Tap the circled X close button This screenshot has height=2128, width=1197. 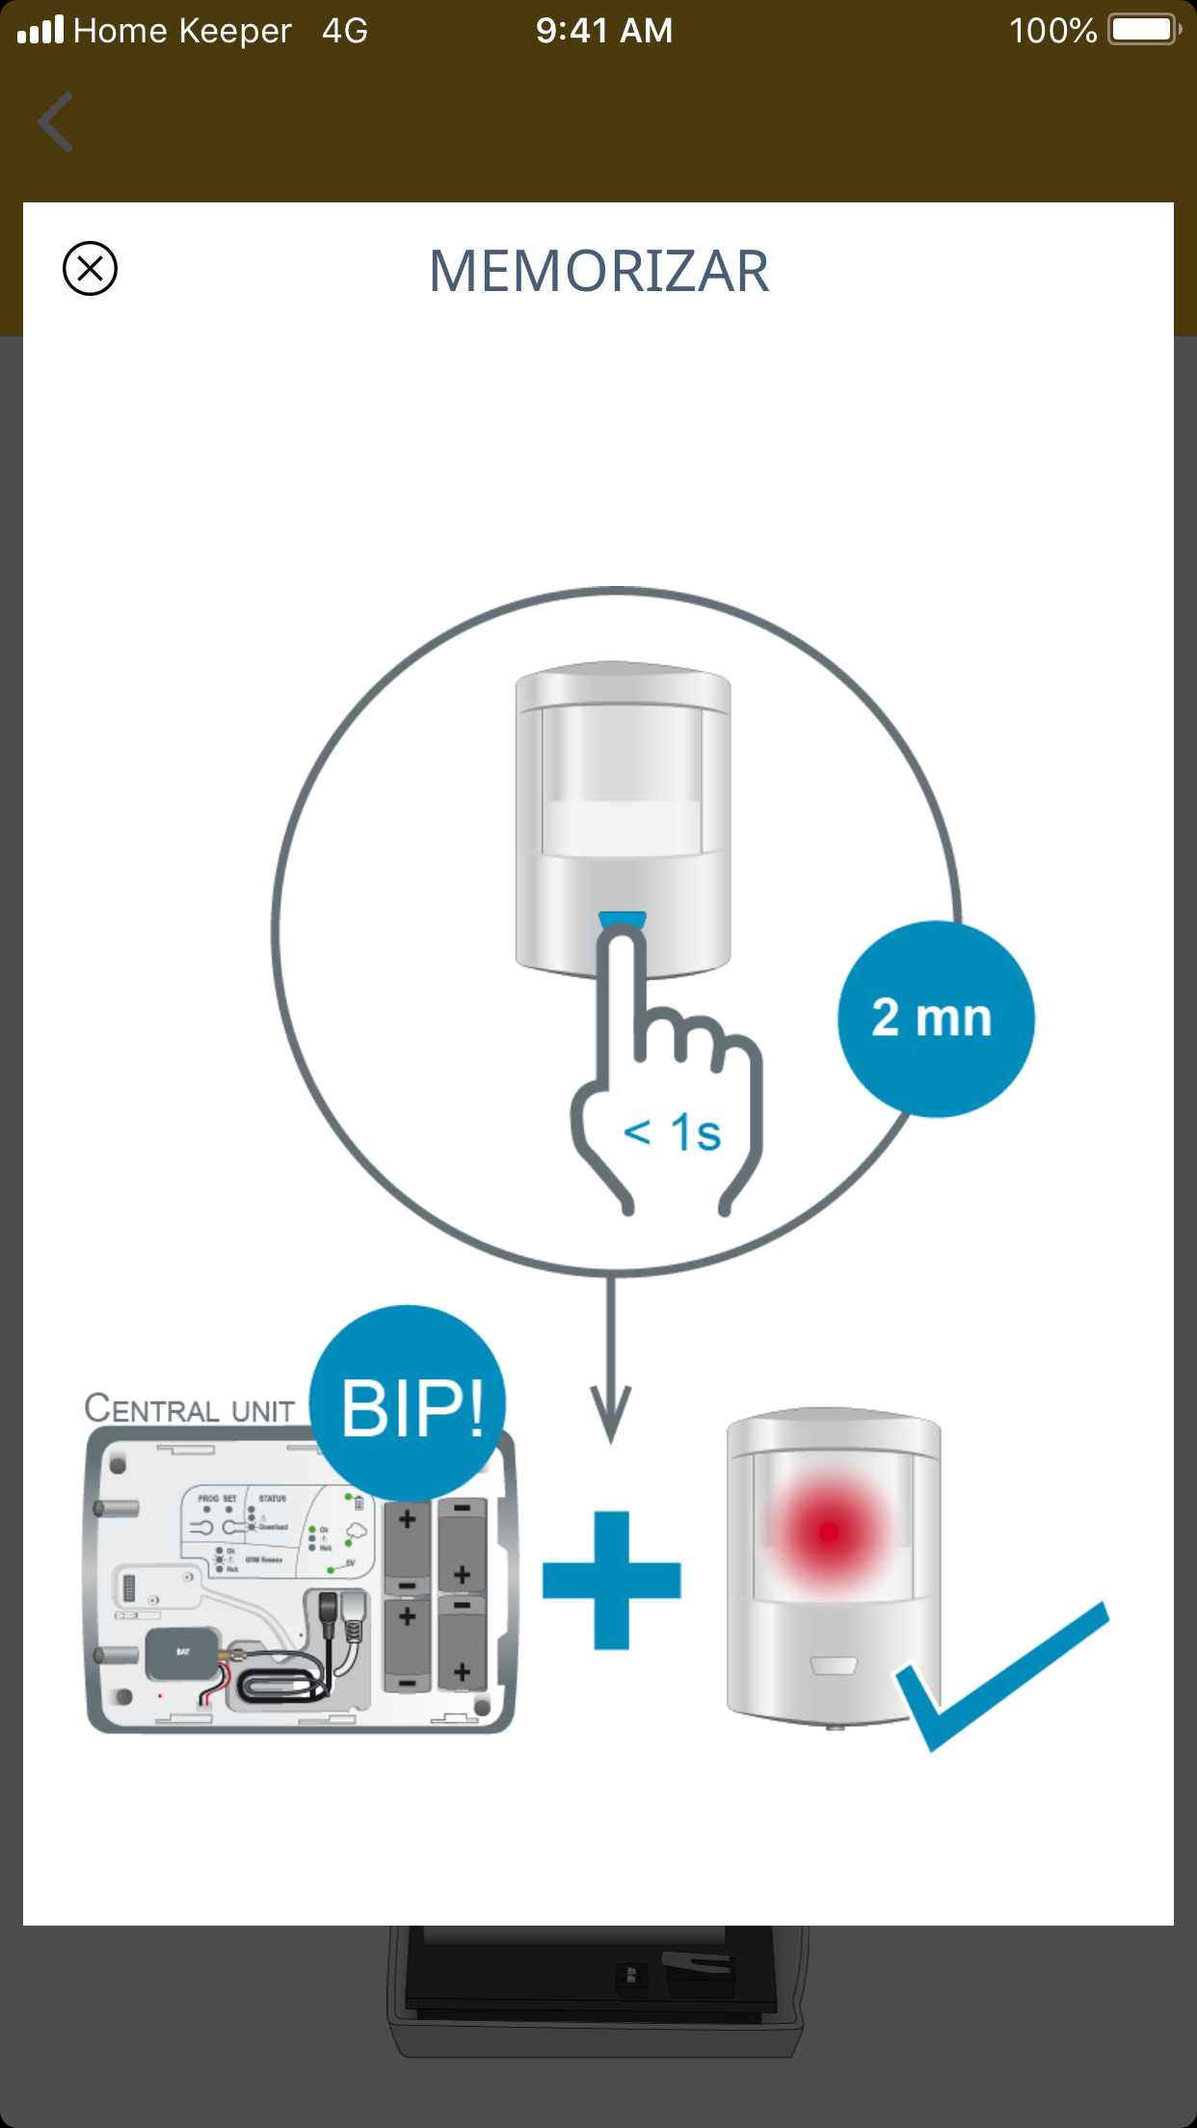(x=90, y=268)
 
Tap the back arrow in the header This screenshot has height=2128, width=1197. (x=55, y=122)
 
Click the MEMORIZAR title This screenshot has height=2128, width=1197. (x=598, y=271)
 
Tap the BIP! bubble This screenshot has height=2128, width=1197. (x=410, y=1406)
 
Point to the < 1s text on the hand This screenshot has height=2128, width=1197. (x=672, y=1132)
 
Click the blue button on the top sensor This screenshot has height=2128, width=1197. (x=623, y=919)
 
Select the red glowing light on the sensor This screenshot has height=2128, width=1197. (x=829, y=1530)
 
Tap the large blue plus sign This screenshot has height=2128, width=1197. (x=612, y=1580)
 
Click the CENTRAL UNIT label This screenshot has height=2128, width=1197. (x=190, y=1409)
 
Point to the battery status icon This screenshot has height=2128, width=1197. (x=1145, y=30)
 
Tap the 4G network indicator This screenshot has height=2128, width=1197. (x=344, y=31)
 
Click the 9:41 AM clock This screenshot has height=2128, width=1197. (x=604, y=31)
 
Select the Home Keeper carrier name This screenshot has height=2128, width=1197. (x=182, y=31)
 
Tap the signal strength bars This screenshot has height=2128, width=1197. (x=40, y=31)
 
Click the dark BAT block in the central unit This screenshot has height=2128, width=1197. (x=182, y=1653)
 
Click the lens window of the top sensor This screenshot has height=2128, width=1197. (x=622, y=781)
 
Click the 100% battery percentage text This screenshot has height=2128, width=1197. (x=1052, y=31)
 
